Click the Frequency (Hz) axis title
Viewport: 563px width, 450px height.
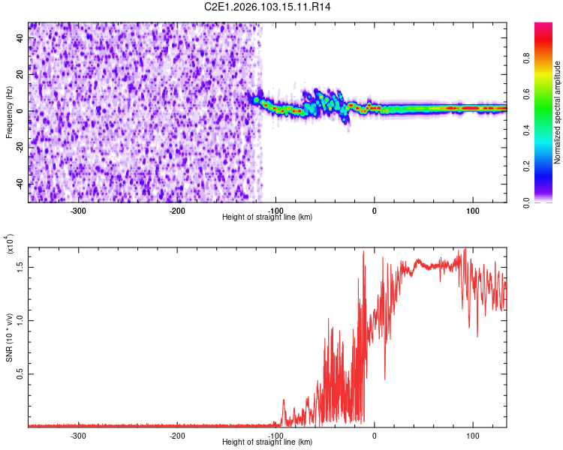(x=9, y=112)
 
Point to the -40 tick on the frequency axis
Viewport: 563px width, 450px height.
(x=21, y=184)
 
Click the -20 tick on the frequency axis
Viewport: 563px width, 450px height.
(x=21, y=148)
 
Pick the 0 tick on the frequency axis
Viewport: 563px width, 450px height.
(x=21, y=111)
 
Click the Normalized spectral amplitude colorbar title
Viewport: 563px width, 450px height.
(x=558, y=112)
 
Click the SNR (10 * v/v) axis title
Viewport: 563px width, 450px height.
(x=9, y=330)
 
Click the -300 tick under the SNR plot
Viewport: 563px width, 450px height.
(x=79, y=435)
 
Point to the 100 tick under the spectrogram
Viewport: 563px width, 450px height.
(x=473, y=211)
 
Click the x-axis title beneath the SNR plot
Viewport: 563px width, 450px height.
(x=267, y=442)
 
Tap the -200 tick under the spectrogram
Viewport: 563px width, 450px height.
(x=177, y=211)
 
